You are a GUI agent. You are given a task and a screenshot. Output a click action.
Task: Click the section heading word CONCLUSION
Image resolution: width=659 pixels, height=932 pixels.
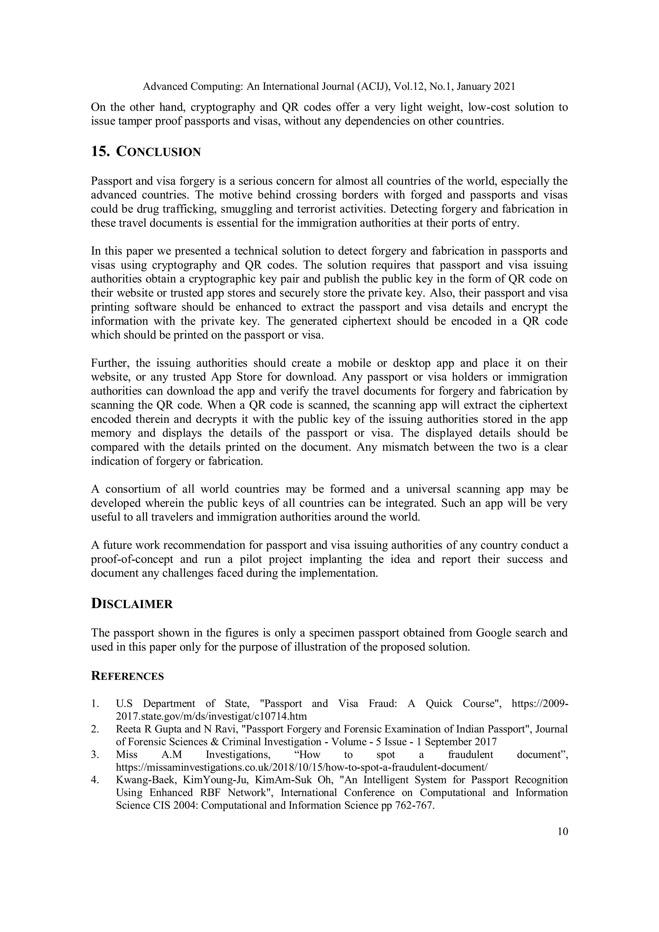(x=158, y=152)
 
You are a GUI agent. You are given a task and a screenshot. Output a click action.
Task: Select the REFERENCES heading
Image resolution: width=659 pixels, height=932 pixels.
(x=127, y=676)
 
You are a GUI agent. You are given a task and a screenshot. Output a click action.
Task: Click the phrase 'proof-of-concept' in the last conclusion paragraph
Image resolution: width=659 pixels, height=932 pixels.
(x=132, y=559)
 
